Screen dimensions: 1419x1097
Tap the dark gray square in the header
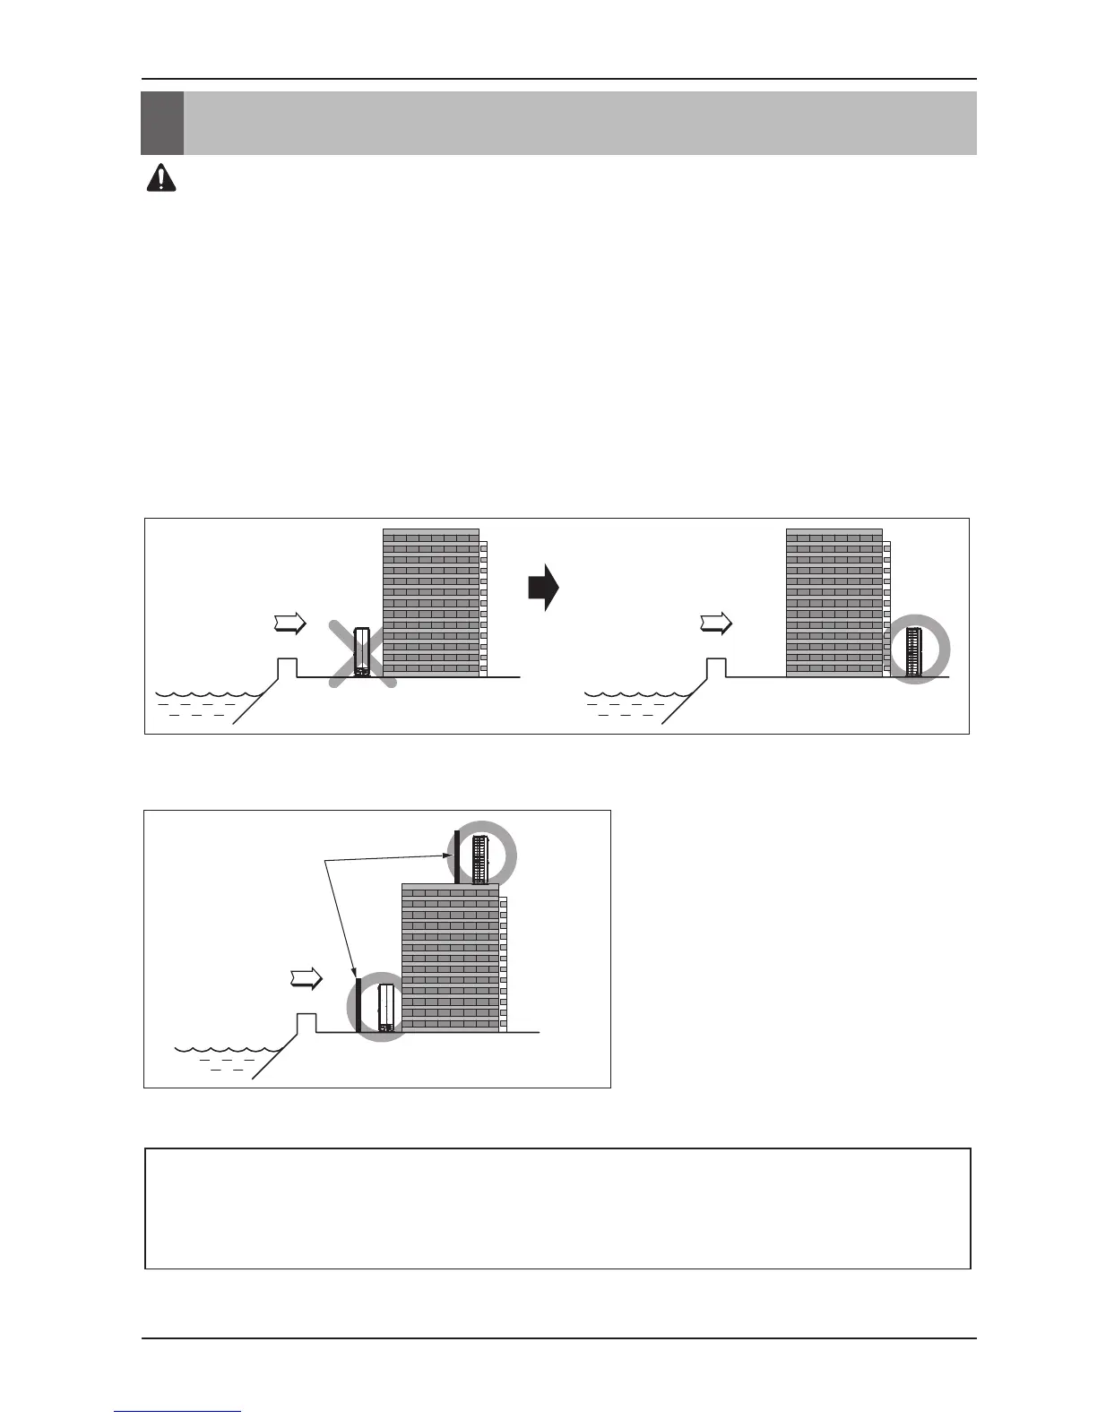[162, 123]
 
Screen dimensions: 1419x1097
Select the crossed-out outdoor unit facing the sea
[362, 651]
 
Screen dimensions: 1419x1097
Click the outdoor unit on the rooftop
[480, 857]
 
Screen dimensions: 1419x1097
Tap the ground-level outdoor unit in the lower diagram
[386, 1008]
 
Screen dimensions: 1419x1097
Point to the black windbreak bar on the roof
[457, 856]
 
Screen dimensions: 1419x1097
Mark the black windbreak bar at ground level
[358, 1006]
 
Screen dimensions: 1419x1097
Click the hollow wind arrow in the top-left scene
[290, 623]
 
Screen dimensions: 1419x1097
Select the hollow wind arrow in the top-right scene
[717, 623]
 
